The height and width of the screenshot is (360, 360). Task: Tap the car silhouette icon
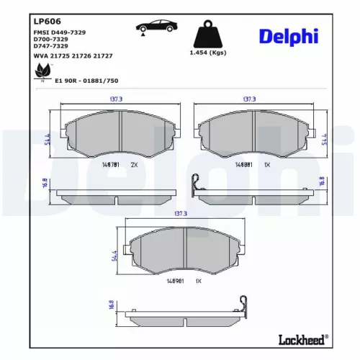(157, 28)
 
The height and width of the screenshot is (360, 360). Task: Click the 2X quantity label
(135, 165)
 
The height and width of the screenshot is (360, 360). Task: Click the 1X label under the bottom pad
(198, 280)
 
